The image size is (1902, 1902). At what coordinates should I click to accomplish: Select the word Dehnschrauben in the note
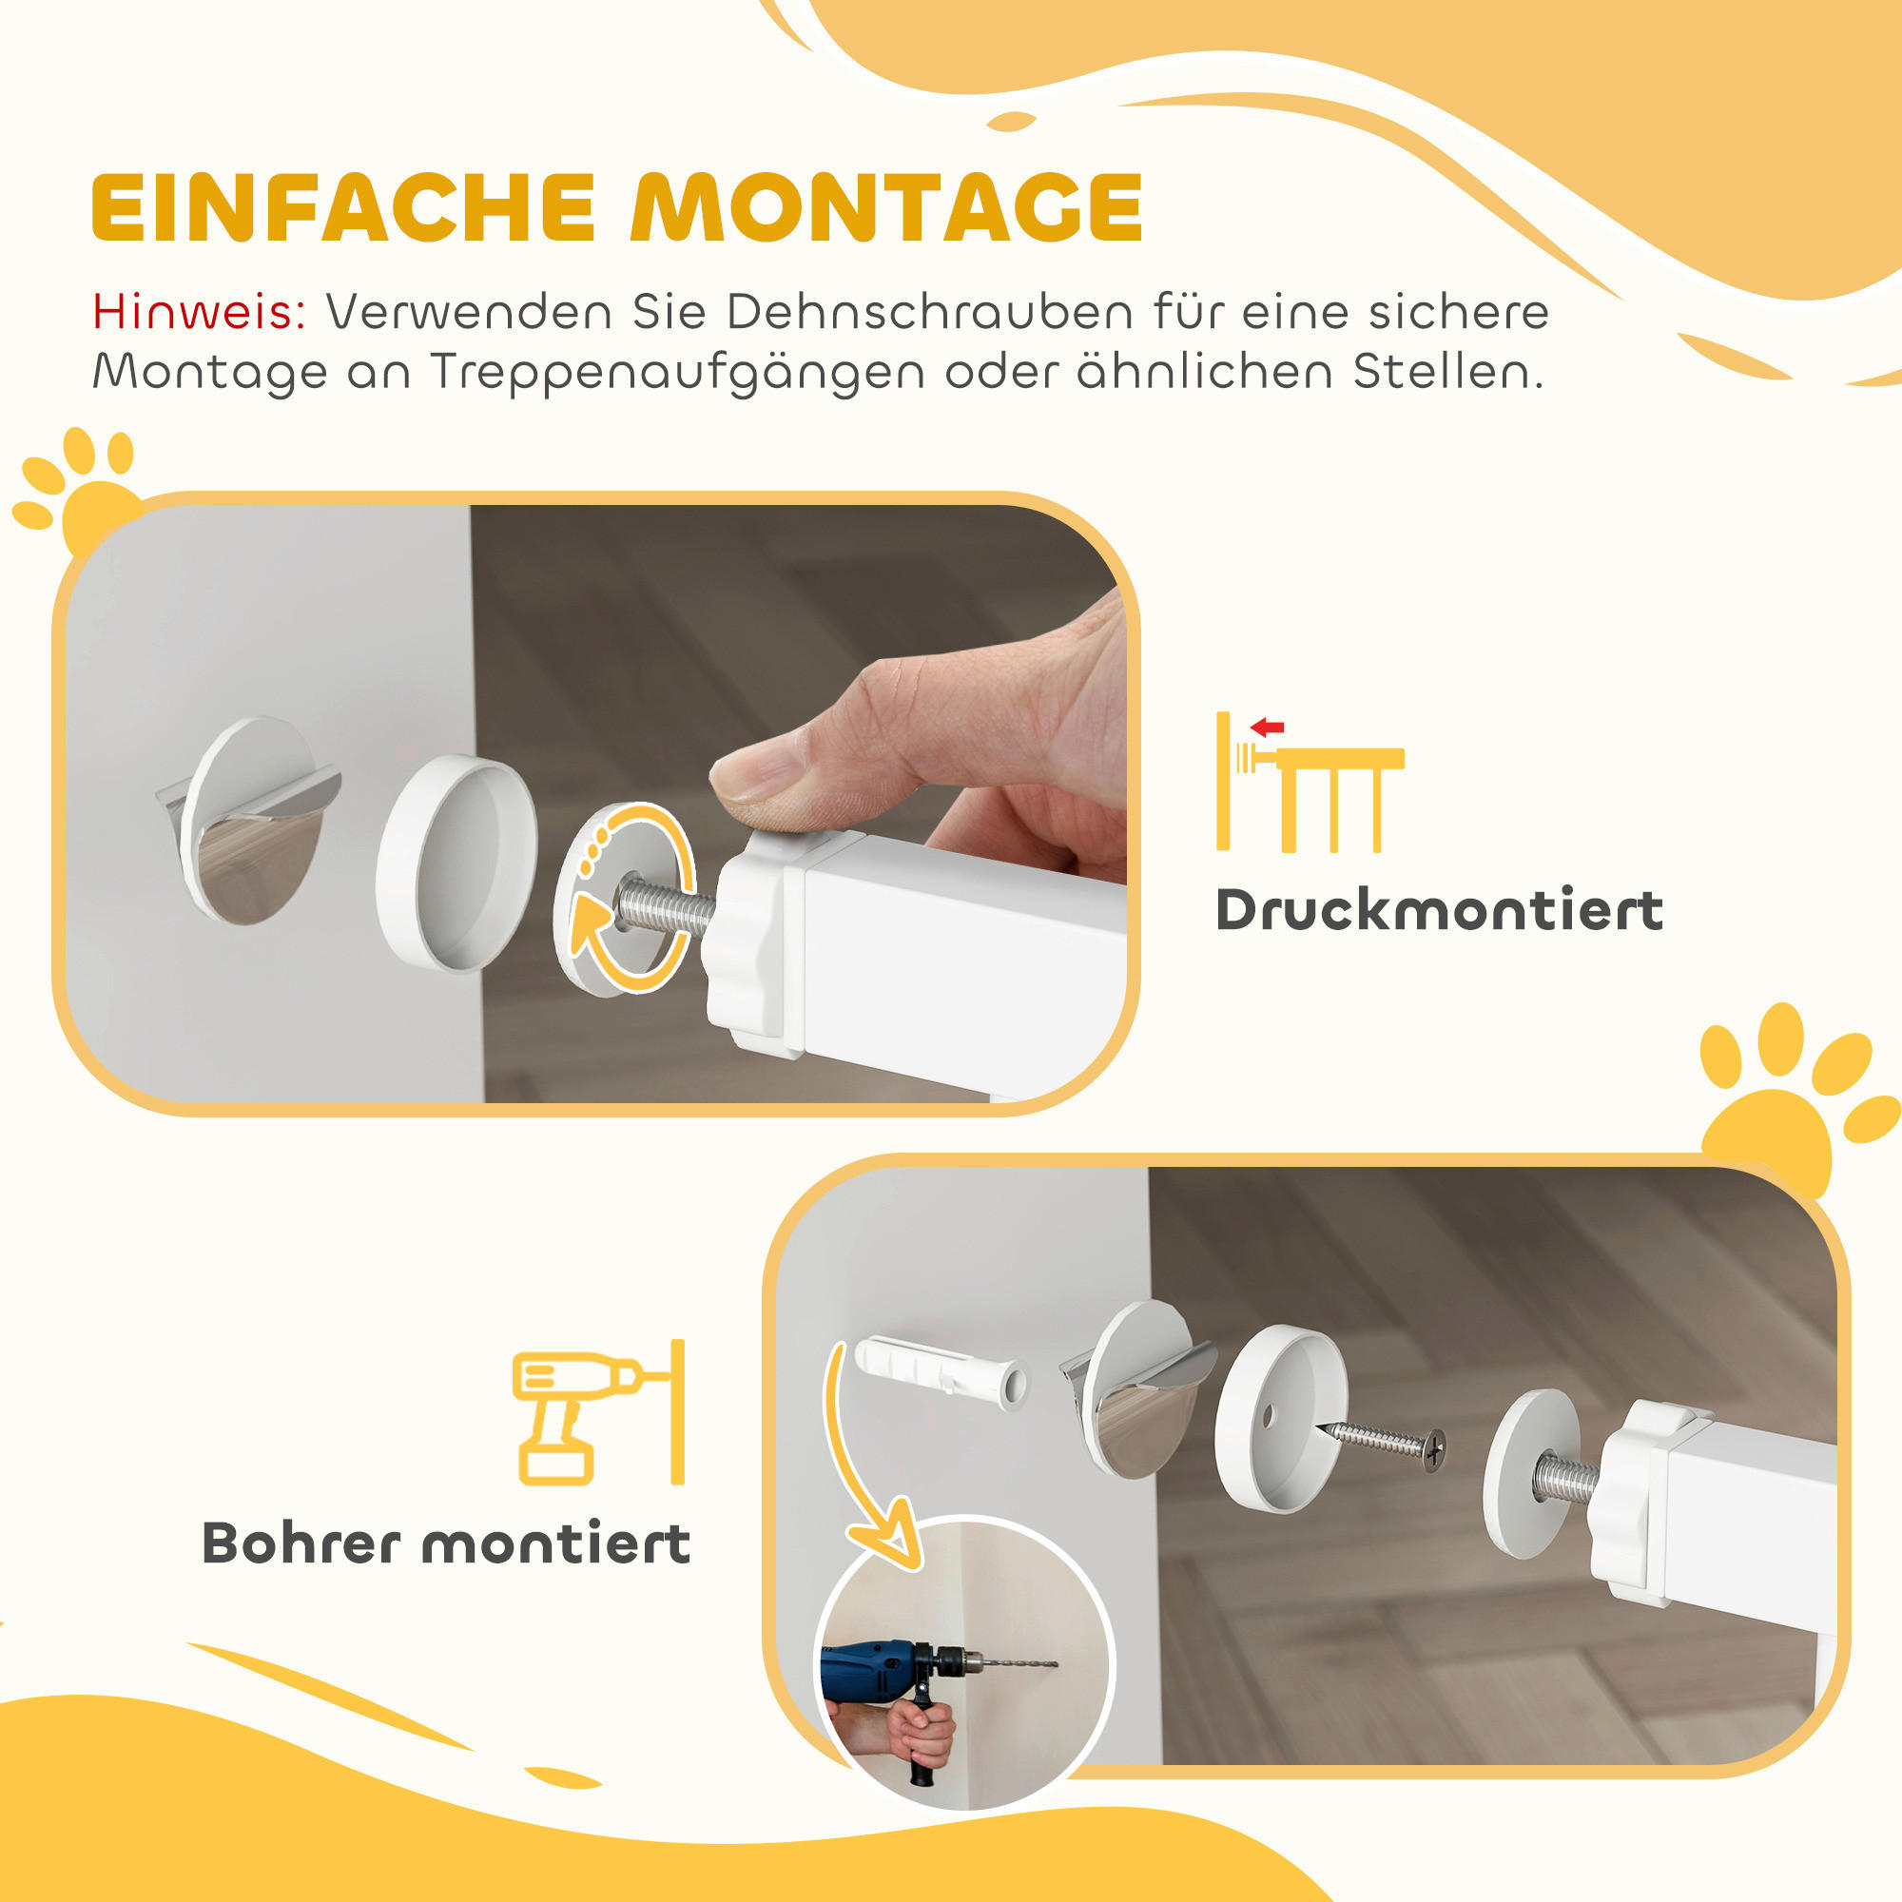pyautogui.click(x=929, y=312)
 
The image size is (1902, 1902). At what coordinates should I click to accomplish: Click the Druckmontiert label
pyautogui.click(x=1439, y=910)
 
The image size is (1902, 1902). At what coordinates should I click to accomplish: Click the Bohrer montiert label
pyautogui.click(x=446, y=1543)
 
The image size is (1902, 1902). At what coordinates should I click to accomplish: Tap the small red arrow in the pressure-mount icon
pyautogui.click(x=1267, y=728)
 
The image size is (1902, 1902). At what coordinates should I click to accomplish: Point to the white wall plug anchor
pyautogui.click(x=941, y=1369)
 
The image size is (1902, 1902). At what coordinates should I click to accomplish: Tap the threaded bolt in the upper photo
pyautogui.click(x=666, y=907)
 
